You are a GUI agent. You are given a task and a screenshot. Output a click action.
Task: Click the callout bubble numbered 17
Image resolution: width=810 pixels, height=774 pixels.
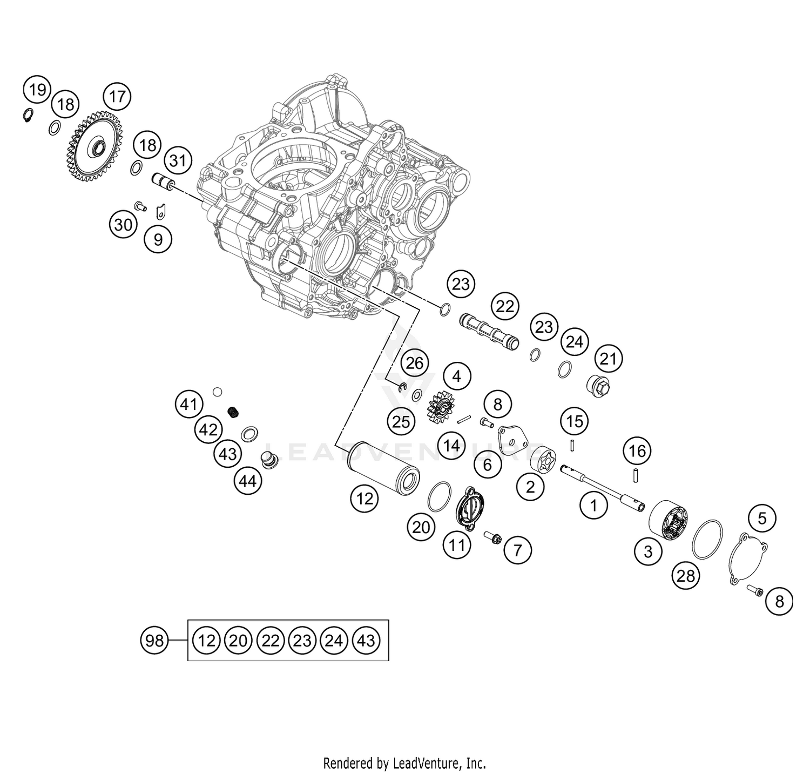pyautogui.click(x=117, y=97)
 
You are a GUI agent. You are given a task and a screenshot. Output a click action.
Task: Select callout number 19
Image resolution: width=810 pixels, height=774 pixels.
pyautogui.click(x=37, y=90)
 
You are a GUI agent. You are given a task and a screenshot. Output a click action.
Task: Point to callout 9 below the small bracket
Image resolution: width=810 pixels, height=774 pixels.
pyautogui.click(x=158, y=239)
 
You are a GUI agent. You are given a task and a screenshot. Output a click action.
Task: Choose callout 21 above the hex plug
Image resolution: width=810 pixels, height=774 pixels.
pyautogui.click(x=609, y=359)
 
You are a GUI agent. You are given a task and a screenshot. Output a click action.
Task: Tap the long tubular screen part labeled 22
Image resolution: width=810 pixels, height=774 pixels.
pyautogui.click(x=488, y=329)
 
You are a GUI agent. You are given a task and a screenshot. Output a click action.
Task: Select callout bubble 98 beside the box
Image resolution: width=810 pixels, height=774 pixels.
pyautogui.click(x=154, y=641)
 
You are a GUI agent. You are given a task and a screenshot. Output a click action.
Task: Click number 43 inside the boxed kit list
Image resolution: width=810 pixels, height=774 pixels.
pyautogui.click(x=366, y=641)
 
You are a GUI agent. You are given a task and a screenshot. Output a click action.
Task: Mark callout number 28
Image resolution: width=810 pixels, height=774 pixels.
pyautogui.click(x=686, y=576)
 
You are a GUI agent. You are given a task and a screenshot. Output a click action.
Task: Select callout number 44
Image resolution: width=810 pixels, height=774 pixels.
pyautogui.click(x=248, y=480)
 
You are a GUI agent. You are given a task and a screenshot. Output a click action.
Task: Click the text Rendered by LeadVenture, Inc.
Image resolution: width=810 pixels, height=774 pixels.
pyautogui.click(x=404, y=763)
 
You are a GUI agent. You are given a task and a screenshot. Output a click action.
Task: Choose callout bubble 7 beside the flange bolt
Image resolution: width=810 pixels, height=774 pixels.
pyautogui.click(x=518, y=550)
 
